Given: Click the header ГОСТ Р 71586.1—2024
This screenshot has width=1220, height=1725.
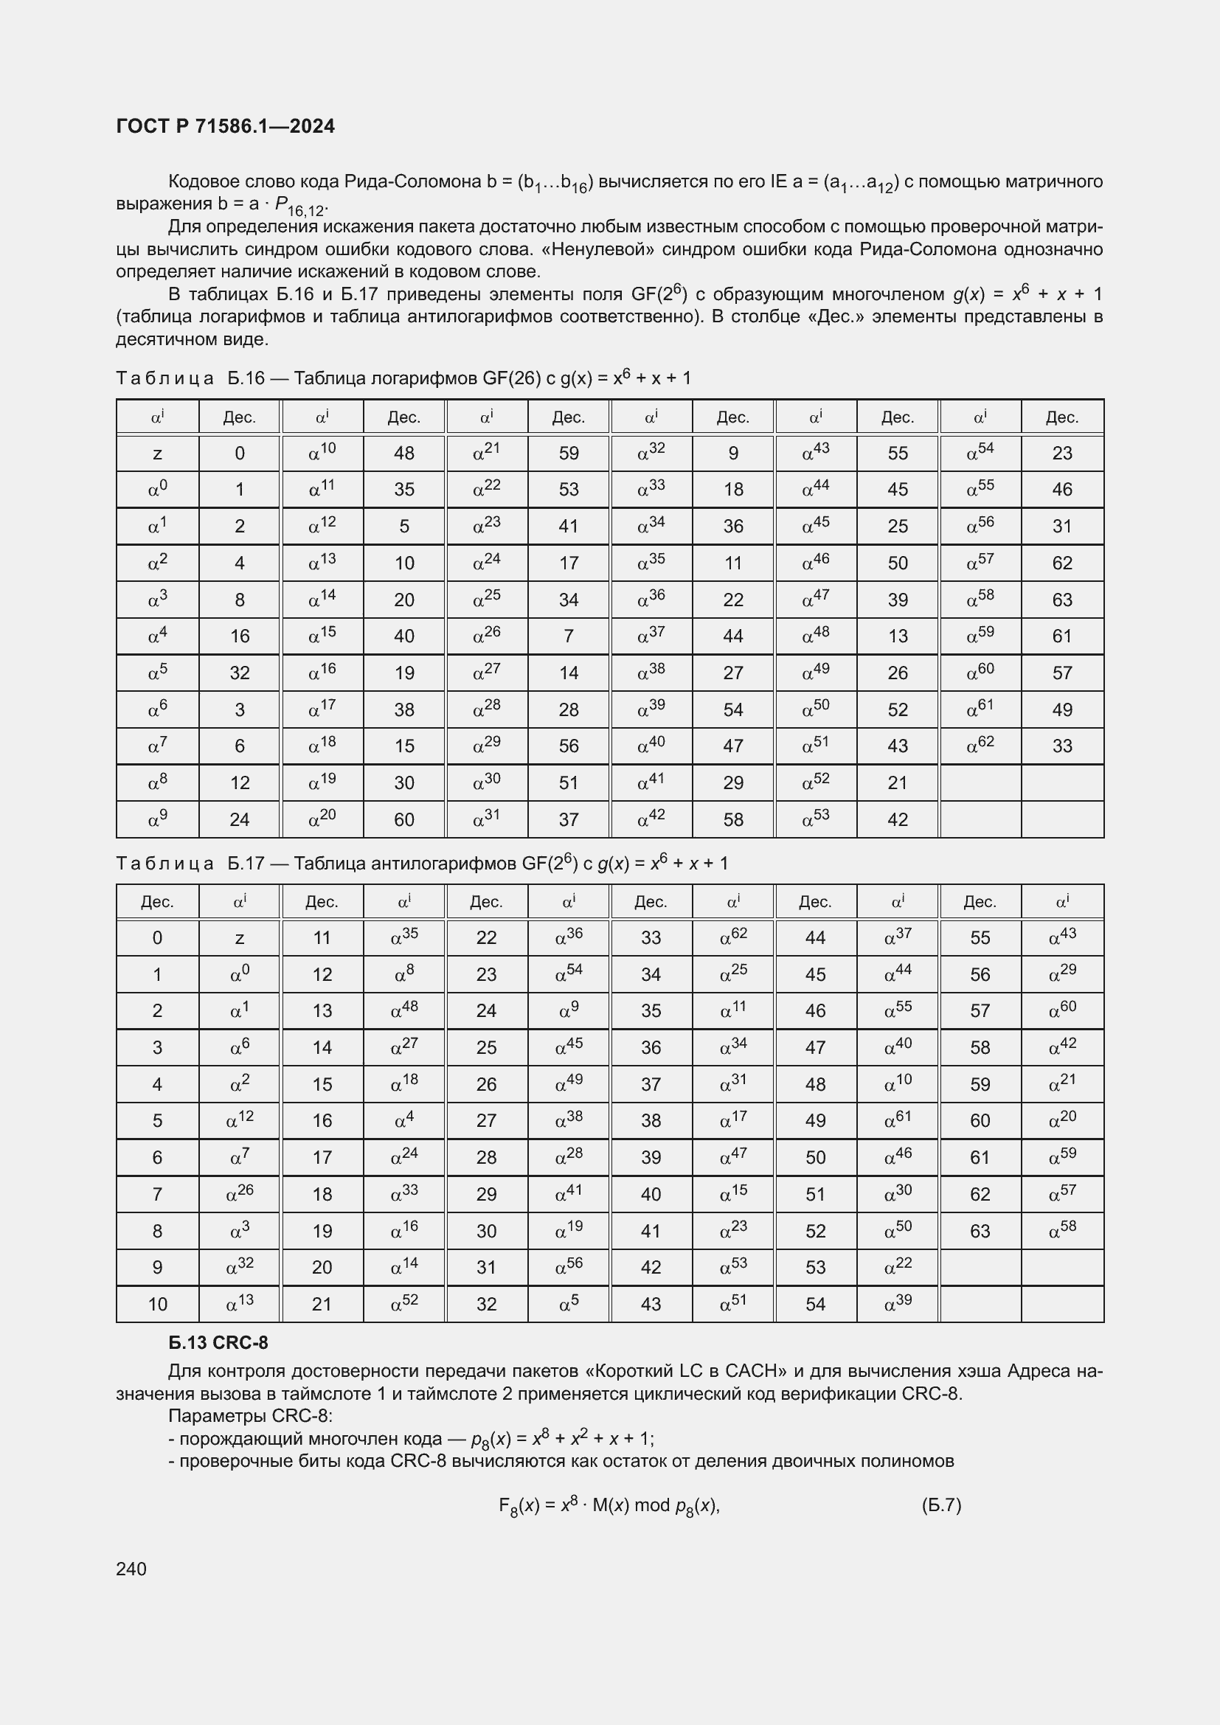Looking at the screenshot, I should tap(226, 126).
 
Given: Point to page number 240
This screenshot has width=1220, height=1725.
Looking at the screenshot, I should tap(131, 1569).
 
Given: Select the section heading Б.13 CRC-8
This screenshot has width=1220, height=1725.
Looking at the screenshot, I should tap(218, 1342).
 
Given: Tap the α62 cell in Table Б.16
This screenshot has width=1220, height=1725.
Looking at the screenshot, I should tap(980, 746).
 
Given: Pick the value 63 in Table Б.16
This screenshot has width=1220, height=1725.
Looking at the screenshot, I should tap(1061, 600).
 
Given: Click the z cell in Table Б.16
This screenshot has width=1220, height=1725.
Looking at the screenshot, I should tap(157, 453).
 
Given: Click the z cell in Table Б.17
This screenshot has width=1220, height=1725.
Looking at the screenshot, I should tap(239, 937).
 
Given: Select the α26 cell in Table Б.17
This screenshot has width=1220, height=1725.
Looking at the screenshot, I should tap(239, 1194).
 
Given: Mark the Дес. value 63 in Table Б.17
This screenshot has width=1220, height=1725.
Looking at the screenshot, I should tap(980, 1231).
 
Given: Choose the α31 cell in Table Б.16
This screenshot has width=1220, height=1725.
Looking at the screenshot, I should tap(486, 819).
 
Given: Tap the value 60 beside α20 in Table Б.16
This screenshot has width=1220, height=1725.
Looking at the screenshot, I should tap(404, 819).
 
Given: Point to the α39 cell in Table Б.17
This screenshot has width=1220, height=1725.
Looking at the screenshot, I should tap(897, 1303).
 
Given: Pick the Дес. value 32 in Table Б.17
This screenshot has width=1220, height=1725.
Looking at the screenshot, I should tap(486, 1303).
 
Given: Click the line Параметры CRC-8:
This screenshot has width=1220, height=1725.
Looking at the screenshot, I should tap(249, 1415).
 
